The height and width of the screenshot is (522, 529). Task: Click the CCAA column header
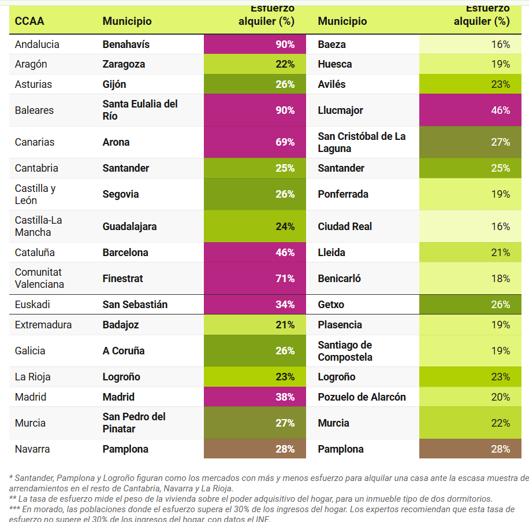pyautogui.click(x=29, y=21)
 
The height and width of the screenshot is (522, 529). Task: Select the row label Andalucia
pyautogui.click(x=37, y=45)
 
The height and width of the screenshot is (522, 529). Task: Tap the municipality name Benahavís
pyautogui.click(x=125, y=45)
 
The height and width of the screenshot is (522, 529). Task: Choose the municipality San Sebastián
pyautogui.click(x=135, y=305)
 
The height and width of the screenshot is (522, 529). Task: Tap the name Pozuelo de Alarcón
pyautogui.click(x=362, y=397)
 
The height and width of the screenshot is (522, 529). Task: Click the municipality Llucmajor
pyautogui.click(x=340, y=110)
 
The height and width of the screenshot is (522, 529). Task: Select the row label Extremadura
pyautogui.click(x=43, y=325)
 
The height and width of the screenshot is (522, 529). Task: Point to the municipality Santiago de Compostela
pyautogui.click(x=345, y=351)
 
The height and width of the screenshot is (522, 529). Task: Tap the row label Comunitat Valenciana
pyautogui.click(x=39, y=279)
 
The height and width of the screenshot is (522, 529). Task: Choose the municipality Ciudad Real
pyautogui.click(x=345, y=227)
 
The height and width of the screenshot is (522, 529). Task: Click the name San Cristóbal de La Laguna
pyautogui.click(x=362, y=142)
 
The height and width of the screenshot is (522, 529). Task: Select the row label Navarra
pyautogui.click(x=32, y=449)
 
